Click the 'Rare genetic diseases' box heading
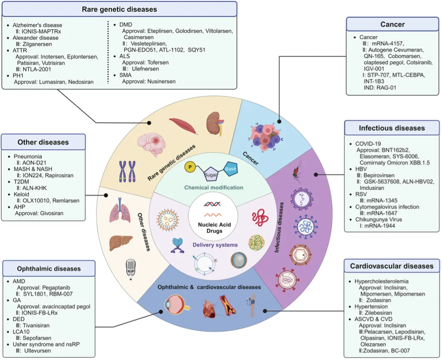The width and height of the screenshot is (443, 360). pyautogui.click(x=119, y=9)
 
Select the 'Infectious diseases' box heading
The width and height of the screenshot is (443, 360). pyautogui.click(x=392, y=128)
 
